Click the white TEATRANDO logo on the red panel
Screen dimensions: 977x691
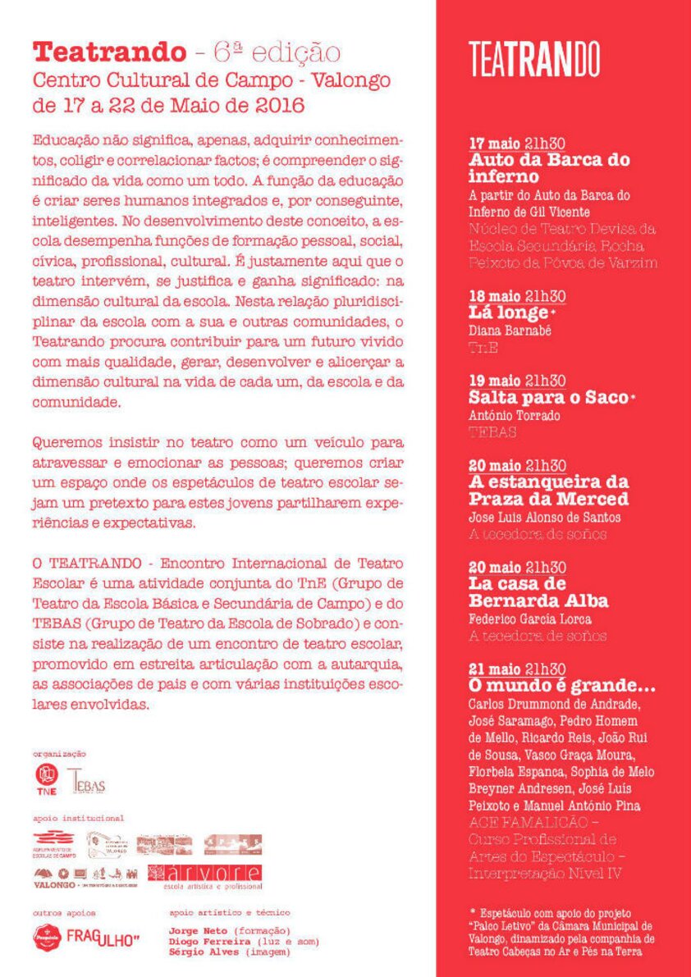pyautogui.click(x=534, y=58)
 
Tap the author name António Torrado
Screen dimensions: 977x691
pyautogui.click(x=515, y=415)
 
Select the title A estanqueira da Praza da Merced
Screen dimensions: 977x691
pyautogui.click(x=548, y=490)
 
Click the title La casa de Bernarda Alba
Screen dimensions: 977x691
pyautogui.click(x=538, y=592)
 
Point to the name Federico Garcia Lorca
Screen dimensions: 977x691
pyautogui.click(x=529, y=619)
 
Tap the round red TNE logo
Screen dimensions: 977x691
pyautogui.click(x=47, y=778)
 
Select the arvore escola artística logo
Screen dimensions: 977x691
pyautogui.click(x=205, y=875)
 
